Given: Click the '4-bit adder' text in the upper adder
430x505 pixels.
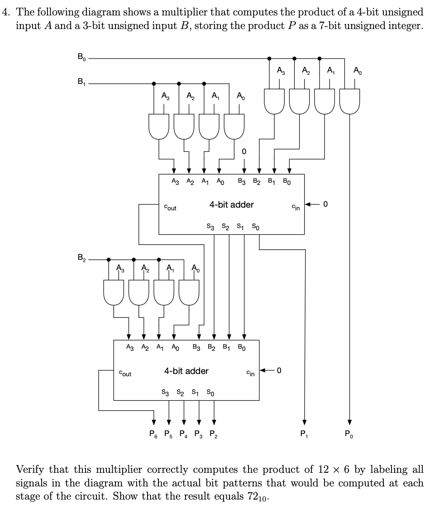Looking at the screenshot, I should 231,204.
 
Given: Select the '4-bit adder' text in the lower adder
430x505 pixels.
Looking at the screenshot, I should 186,371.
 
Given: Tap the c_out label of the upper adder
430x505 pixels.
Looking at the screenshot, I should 170,208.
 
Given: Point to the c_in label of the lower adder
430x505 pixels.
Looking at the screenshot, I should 250,374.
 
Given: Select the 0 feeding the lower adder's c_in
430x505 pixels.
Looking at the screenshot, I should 279,371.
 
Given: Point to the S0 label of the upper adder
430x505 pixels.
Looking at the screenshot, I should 256,226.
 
